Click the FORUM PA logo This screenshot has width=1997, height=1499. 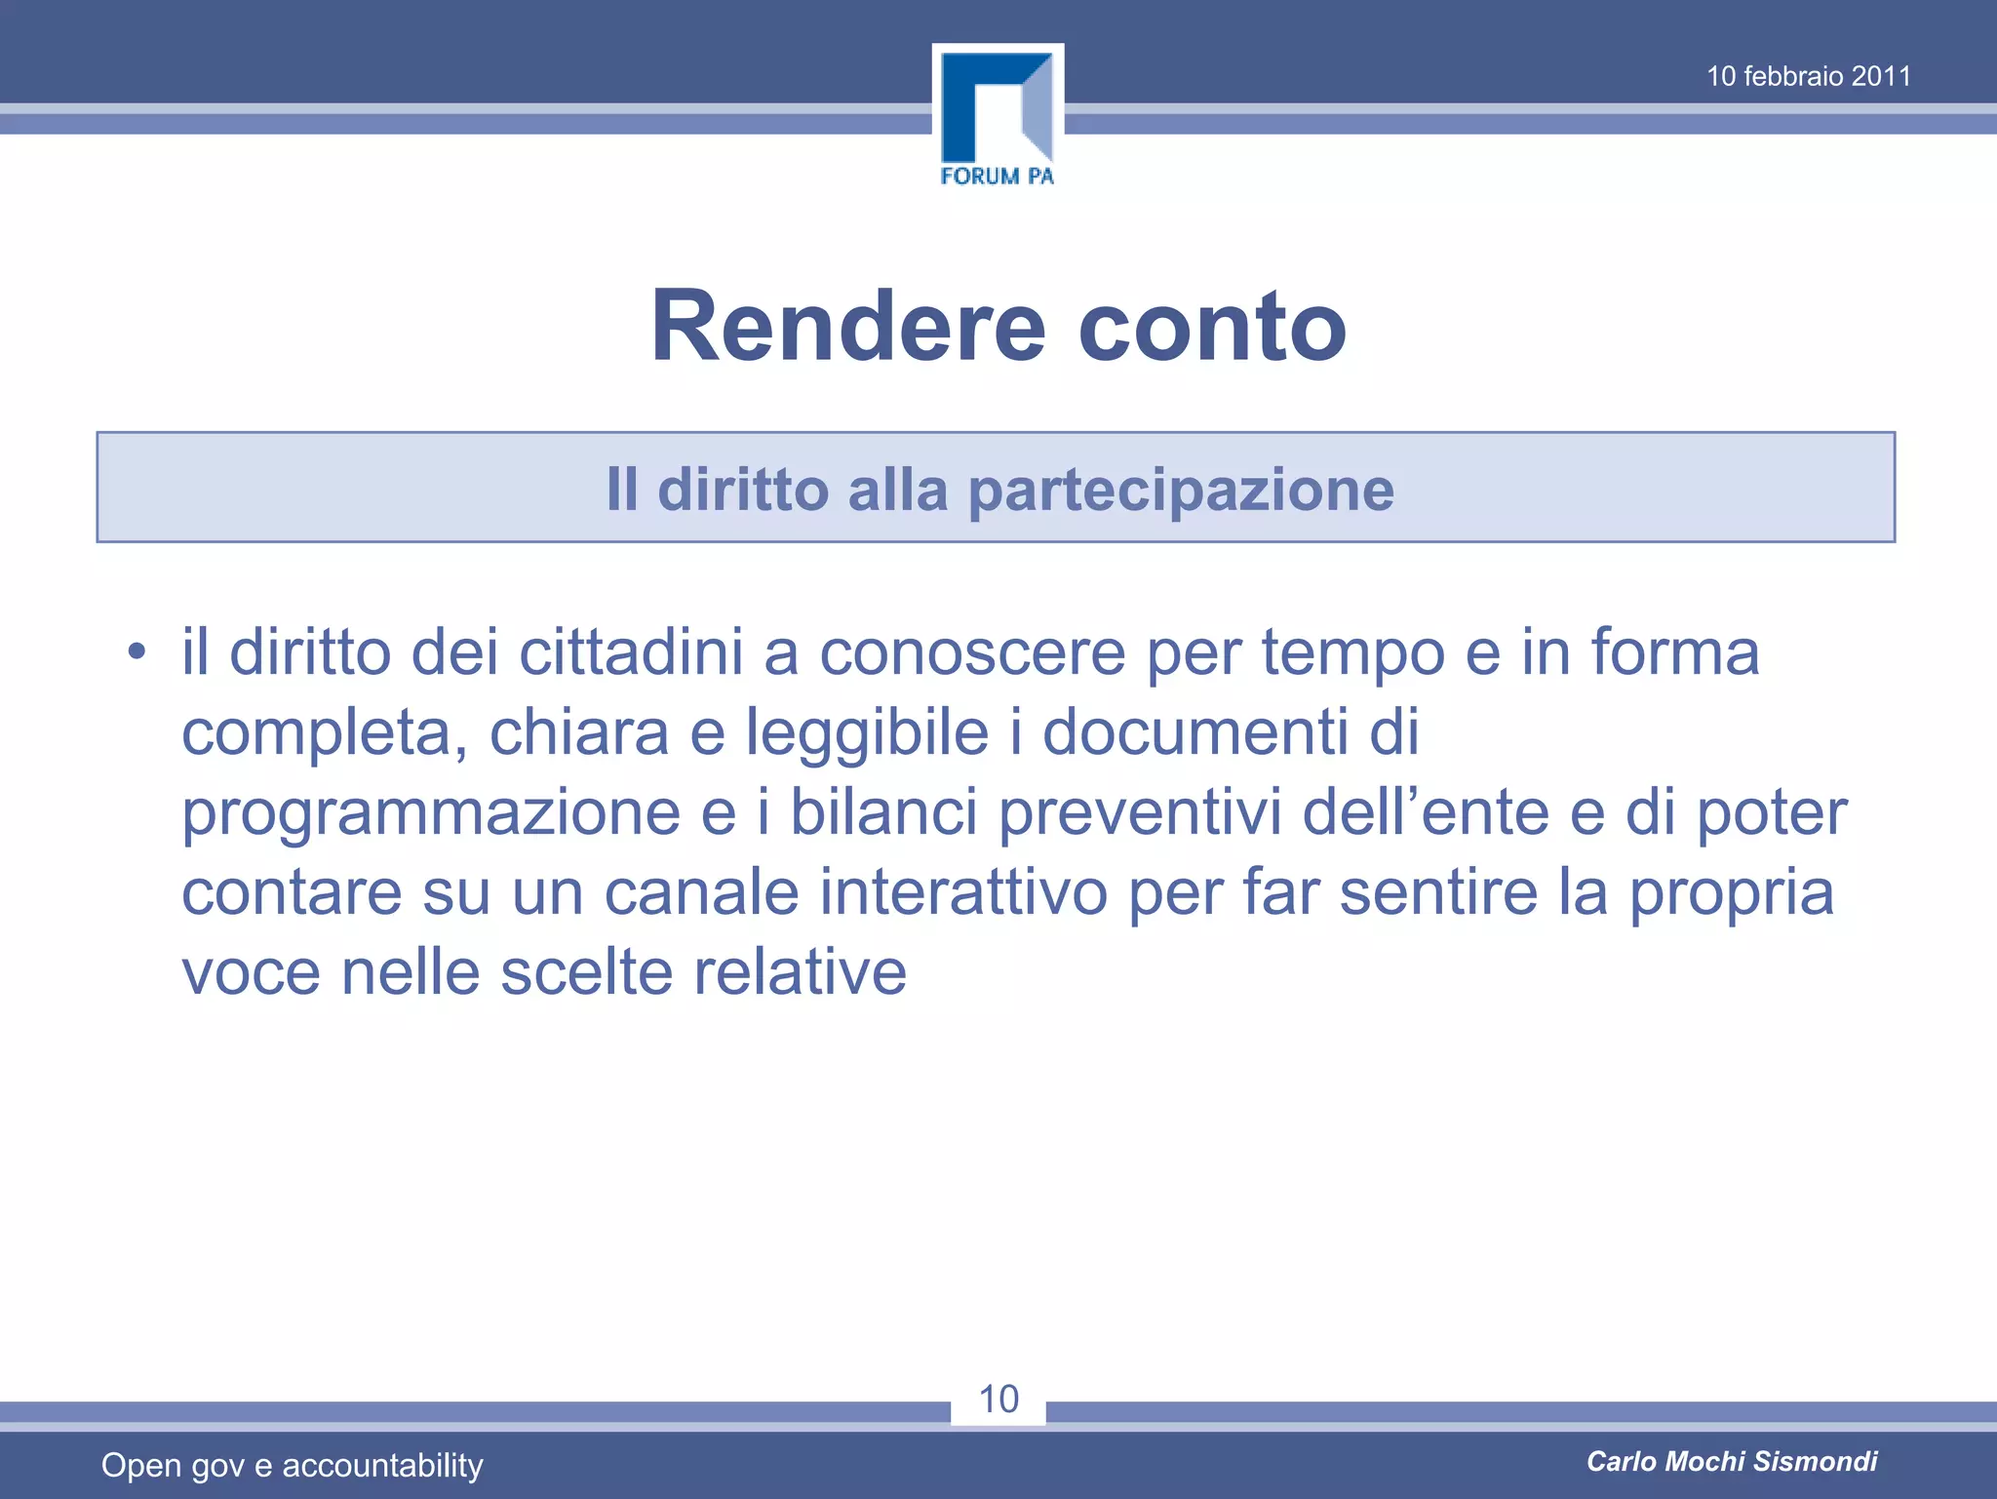coord(998,118)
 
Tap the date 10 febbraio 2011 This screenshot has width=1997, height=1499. coord(1808,76)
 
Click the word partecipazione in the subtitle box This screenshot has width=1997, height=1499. coord(1181,490)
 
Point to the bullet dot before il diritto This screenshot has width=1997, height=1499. coord(137,651)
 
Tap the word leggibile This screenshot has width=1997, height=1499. coord(868,731)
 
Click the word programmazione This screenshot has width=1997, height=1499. coord(431,812)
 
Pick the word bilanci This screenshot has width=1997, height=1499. coord(883,812)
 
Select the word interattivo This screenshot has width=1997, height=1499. coord(963,892)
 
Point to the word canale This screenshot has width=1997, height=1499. coord(702,892)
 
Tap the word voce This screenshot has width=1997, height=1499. coord(251,972)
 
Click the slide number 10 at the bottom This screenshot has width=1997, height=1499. coord(998,1400)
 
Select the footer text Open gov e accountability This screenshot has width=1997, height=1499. coord(293,1465)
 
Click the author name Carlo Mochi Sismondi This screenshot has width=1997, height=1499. coord(1732,1461)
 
